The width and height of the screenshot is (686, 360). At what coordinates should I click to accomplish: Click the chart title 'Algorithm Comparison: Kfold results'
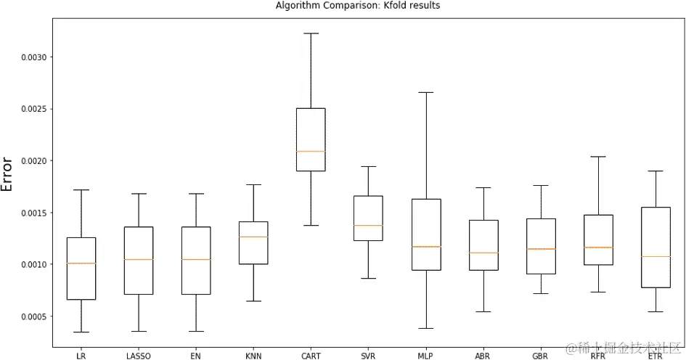pyautogui.click(x=358, y=5)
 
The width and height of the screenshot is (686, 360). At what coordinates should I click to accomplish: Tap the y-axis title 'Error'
pyautogui.click(x=8, y=174)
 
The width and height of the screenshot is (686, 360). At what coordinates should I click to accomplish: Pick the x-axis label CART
pyautogui.click(x=311, y=356)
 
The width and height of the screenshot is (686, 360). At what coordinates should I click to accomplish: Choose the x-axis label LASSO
pyautogui.click(x=138, y=356)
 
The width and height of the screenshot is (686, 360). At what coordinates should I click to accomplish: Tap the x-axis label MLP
pyautogui.click(x=425, y=356)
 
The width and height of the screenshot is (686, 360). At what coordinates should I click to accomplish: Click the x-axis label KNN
pyautogui.click(x=253, y=356)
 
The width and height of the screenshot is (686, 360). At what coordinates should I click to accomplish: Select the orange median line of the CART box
pyautogui.click(x=311, y=151)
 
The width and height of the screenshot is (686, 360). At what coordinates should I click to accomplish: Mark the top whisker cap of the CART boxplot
pyautogui.click(x=311, y=33)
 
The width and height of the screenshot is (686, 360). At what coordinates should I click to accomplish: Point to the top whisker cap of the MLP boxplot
pyautogui.click(x=425, y=93)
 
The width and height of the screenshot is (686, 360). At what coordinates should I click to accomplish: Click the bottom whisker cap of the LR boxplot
pyautogui.click(x=81, y=332)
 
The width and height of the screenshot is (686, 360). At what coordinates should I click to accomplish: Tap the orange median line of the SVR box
pyautogui.click(x=368, y=226)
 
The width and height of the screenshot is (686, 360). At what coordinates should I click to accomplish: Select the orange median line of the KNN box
pyautogui.click(x=253, y=237)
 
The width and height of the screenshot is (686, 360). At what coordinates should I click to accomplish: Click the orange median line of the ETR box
pyautogui.click(x=656, y=256)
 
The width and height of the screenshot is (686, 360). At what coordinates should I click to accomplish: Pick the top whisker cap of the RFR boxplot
pyautogui.click(x=598, y=156)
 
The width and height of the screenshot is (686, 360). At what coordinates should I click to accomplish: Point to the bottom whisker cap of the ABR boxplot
pyautogui.click(x=483, y=312)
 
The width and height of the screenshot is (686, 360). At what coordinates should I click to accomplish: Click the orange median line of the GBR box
pyautogui.click(x=541, y=249)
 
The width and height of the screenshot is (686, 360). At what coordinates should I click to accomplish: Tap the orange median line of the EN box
pyautogui.click(x=196, y=259)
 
